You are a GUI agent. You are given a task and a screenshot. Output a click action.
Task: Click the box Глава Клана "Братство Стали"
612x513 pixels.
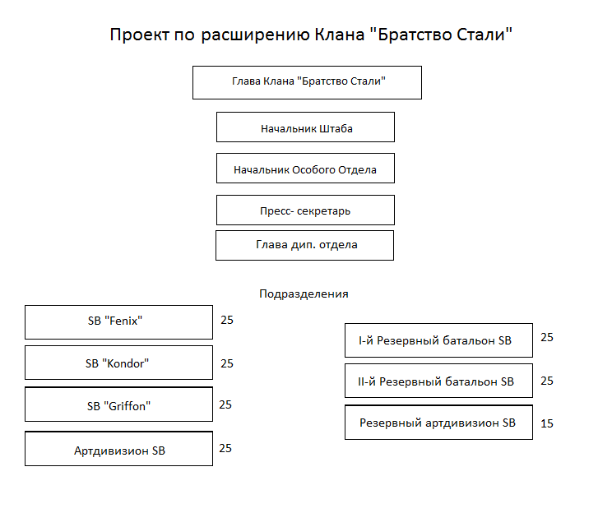tap(307, 82)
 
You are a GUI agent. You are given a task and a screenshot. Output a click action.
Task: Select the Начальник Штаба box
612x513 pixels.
tap(305, 127)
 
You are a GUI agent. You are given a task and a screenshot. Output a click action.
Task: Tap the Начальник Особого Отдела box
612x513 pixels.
tap(305, 169)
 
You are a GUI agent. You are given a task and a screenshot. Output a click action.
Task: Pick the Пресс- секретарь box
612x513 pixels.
tap(305, 210)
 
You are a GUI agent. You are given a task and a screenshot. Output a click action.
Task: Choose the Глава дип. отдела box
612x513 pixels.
tap(304, 245)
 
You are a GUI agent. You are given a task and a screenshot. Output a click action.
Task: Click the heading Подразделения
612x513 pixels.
tap(304, 293)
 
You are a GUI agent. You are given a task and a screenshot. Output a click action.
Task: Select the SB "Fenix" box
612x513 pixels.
tap(118, 322)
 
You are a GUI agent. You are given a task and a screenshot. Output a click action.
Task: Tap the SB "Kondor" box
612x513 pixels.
tap(118, 363)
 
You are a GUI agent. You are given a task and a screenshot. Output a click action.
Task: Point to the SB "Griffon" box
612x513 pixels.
tap(118, 404)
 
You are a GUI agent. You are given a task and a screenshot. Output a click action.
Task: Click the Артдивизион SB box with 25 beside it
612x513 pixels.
tap(118, 449)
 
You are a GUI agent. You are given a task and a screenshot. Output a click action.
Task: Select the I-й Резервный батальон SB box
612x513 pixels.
tap(438, 340)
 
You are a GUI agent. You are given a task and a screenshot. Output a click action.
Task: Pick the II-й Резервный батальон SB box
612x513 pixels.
tap(438, 381)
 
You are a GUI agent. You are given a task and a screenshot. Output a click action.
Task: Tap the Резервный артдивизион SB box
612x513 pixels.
tap(438, 423)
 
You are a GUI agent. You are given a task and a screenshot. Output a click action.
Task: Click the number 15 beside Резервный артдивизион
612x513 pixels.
tap(547, 423)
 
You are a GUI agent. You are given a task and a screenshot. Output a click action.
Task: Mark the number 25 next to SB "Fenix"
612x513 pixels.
tap(227, 321)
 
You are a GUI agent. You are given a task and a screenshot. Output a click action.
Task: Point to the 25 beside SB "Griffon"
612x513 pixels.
tap(225, 405)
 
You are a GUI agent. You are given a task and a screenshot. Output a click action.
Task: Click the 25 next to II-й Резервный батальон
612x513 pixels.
tap(547, 381)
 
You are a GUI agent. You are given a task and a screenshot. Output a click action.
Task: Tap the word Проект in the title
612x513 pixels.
tap(140, 35)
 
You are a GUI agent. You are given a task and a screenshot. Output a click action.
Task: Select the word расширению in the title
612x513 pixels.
tap(256, 35)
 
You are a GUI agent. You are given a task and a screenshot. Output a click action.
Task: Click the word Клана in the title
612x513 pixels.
tap(340, 35)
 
